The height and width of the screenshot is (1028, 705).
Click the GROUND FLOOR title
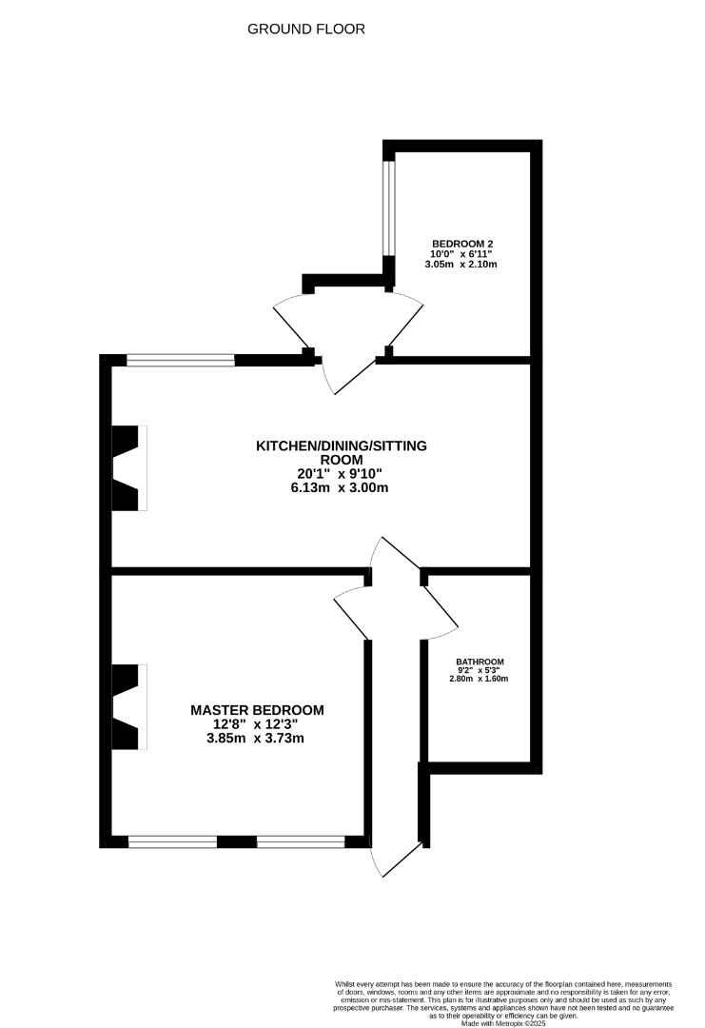click(306, 30)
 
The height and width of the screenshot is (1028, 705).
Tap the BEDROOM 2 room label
click(462, 243)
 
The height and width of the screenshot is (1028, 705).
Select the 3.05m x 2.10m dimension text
click(463, 265)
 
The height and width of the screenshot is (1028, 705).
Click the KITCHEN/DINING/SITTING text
click(342, 445)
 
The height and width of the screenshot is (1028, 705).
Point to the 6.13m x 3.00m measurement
click(342, 487)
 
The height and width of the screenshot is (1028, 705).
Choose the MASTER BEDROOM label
click(257, 710)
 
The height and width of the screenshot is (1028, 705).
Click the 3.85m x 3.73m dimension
click(257, 738)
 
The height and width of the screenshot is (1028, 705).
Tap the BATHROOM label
click(480, 662)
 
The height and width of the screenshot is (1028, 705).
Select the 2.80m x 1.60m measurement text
click(480, 679)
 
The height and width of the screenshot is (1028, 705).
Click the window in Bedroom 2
click(388, 207)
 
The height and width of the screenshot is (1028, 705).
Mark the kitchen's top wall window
click(181, 360)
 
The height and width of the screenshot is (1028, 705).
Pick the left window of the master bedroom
click(172, 841)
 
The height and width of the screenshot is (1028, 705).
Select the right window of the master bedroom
click(301, 841)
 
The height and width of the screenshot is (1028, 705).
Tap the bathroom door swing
click(440, 609)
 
